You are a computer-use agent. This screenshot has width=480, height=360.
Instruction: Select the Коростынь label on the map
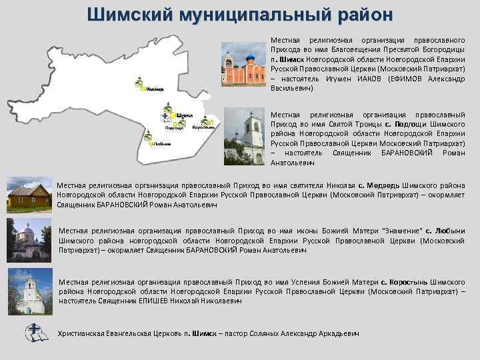[202, 127]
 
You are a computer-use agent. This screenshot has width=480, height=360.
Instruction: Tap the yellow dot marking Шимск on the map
[173, 115]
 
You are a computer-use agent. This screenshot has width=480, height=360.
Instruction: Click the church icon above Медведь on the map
[139, 83]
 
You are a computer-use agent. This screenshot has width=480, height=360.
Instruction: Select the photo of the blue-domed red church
[243, 64]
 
